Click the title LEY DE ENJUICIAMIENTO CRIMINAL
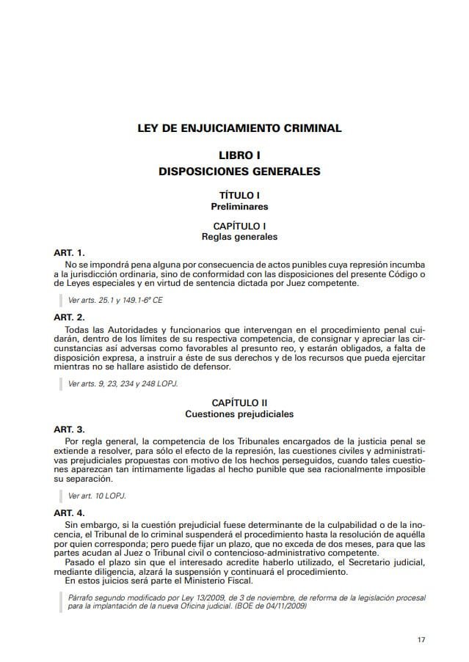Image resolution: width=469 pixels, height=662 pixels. click(239, 128)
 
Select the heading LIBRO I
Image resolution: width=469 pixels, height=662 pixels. click(239, 156)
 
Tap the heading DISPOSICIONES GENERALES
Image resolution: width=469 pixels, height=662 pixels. click(239, 172)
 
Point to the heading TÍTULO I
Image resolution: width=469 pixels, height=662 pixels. click(239, 196)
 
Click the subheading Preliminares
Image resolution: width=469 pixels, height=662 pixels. click(239, 207)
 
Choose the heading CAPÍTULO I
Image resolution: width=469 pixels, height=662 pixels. click(239, 227)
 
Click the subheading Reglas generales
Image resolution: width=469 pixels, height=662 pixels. click(239, 237)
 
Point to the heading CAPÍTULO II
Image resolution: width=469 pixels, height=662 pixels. click(239, 403)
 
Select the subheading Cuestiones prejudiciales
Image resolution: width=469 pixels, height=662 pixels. click(239, 414)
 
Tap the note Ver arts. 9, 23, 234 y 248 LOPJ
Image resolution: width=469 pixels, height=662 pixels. click(123, 383)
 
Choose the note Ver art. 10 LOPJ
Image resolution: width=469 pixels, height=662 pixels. click(97, 496)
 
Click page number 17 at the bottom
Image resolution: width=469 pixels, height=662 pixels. click(421, 639)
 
